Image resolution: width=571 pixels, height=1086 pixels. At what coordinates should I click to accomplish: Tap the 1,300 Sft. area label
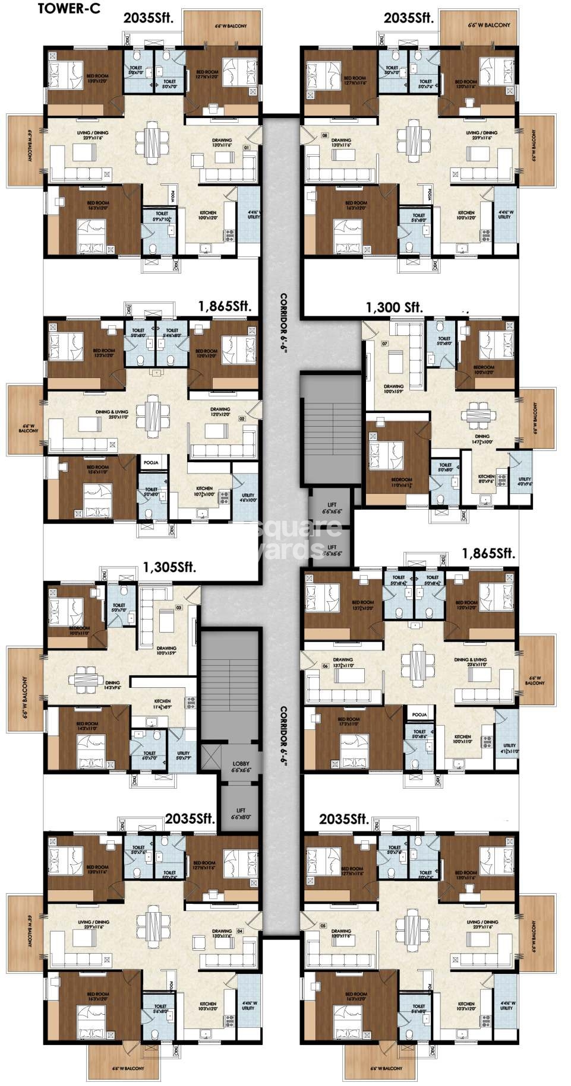point(393,307)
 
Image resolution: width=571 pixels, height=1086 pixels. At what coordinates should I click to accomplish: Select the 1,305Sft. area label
point(169,567)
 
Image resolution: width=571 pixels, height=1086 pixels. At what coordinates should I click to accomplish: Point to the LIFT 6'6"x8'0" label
point(241,813)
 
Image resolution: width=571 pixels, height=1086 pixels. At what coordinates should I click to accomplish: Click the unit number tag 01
point(246,146)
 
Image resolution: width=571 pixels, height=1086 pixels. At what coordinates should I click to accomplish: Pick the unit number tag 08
point(324,135)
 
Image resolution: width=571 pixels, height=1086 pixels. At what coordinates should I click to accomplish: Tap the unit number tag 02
point(242,418)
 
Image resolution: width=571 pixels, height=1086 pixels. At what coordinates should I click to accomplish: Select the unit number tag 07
point(384,344)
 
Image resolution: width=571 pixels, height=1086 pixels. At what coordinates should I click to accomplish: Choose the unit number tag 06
point(325,666)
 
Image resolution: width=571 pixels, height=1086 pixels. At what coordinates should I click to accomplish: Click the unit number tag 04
point(239,931)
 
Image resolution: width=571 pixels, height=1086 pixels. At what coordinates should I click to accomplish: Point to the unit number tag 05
point(323,926)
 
